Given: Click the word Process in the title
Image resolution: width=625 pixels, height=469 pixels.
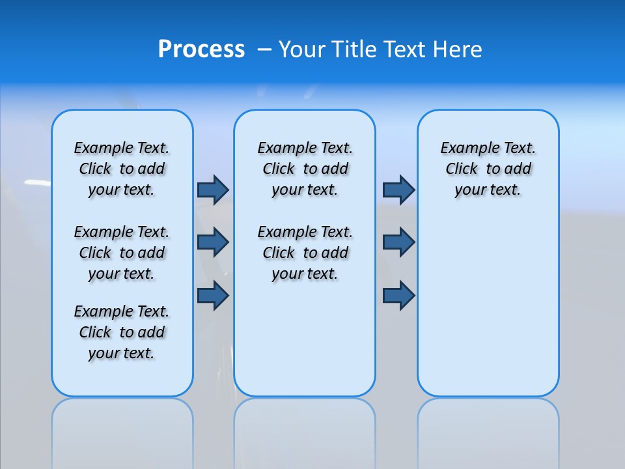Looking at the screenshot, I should (x=201, y=50).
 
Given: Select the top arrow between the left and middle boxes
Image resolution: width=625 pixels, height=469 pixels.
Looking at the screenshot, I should (x=213, y=190).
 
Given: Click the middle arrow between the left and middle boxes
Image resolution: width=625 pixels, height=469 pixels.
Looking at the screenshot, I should (x=213, y=242).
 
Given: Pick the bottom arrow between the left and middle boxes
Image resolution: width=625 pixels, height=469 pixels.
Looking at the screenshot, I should (x=213, y=295).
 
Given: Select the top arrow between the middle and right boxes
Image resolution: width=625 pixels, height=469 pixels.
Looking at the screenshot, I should (x=398, y=190).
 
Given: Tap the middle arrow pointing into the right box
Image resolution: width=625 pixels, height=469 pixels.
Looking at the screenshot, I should (x=398, y=242).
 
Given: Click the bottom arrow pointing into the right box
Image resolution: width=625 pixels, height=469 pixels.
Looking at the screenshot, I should (x=398, y=295).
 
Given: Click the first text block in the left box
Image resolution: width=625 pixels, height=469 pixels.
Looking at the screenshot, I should (x=122, y=169).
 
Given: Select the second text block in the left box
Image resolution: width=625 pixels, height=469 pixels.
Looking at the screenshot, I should (x=122, y=253).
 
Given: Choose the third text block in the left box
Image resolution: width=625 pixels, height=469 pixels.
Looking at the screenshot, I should (x=122, y=332).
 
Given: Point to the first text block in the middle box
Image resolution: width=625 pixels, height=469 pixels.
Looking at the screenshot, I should (x=305, y=169).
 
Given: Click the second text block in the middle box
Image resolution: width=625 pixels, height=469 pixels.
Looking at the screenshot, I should (x=305, y=253).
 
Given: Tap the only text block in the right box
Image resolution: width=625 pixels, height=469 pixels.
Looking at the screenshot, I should (x=488, y=169).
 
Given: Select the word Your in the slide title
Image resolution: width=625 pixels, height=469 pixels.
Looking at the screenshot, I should (x=303, y=50).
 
